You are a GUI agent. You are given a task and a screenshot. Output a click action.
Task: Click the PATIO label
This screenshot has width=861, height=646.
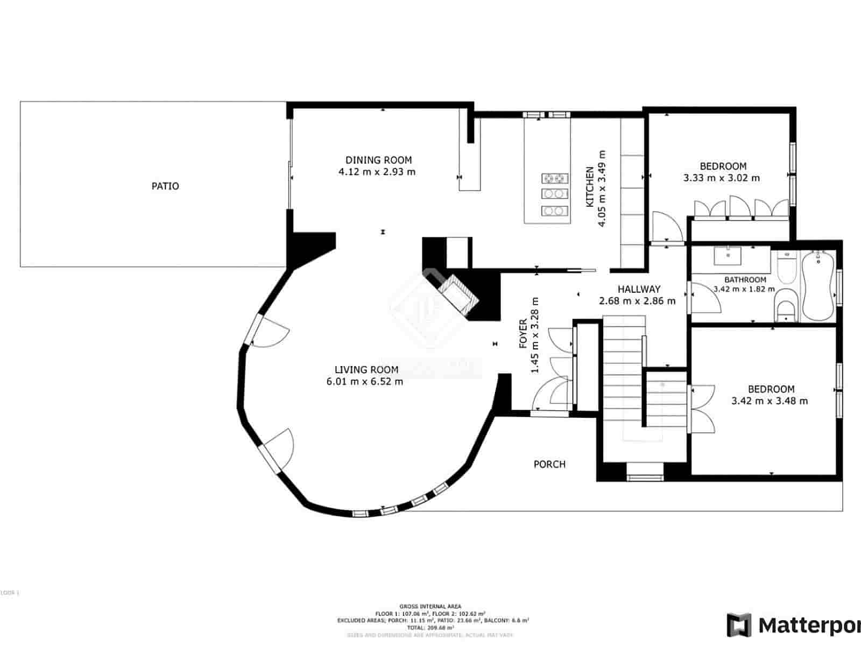[x=165, y=186]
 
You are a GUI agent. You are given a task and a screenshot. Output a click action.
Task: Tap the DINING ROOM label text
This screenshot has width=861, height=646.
[x=378, y=160]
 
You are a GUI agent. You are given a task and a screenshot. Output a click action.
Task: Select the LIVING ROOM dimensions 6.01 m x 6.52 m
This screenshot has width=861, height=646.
[x=364, y=382]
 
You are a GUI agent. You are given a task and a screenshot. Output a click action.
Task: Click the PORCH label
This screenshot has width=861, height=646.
[x=549, y=464]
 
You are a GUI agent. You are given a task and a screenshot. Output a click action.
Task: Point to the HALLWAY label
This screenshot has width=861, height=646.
[x=639, y=289]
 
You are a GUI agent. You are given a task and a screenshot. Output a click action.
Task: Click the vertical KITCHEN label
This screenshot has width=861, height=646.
[x=590, y=187]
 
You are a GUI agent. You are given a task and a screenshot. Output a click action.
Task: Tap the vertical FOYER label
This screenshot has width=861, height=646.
[x=523, y=334]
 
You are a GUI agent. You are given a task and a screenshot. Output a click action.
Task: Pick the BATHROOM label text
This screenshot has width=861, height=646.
[x=745, y=279]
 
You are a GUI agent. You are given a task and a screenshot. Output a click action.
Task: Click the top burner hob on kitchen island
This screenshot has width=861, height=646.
[x=555, y=177]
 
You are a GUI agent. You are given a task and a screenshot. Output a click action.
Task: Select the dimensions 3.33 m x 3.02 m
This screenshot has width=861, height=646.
[x=722, y=178]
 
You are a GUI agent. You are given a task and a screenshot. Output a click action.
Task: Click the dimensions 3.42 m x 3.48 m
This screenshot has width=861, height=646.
[x=770, y=401]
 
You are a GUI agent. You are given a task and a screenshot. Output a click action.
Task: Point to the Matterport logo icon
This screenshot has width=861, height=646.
[x=739, y=625]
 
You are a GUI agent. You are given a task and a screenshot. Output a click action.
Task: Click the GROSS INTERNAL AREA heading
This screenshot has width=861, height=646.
[x=430, y=606]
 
